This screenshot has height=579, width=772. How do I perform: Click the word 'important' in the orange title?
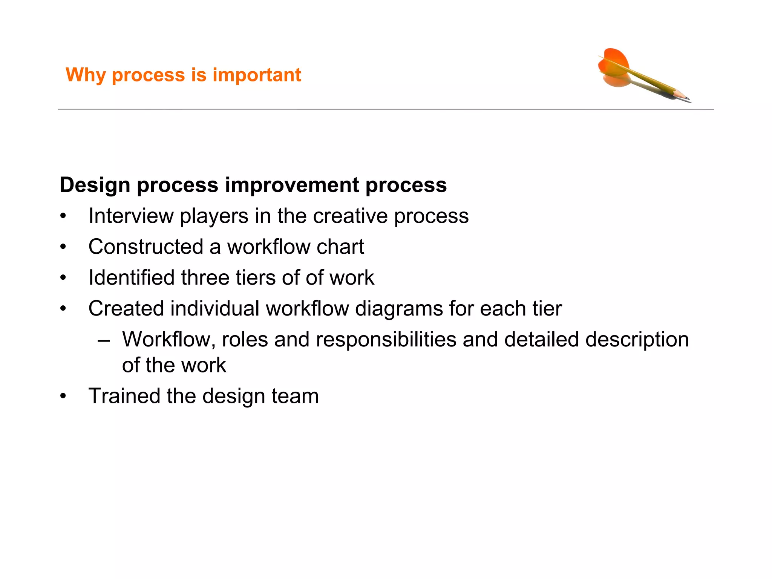tap(257, 75)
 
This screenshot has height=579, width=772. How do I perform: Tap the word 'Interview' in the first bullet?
tap(131, 216)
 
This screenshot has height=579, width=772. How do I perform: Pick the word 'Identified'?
tap(131, 278)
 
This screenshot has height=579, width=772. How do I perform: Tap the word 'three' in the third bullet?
tap(205, 278)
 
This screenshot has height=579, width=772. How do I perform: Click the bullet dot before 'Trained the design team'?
tap(63, 397)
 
